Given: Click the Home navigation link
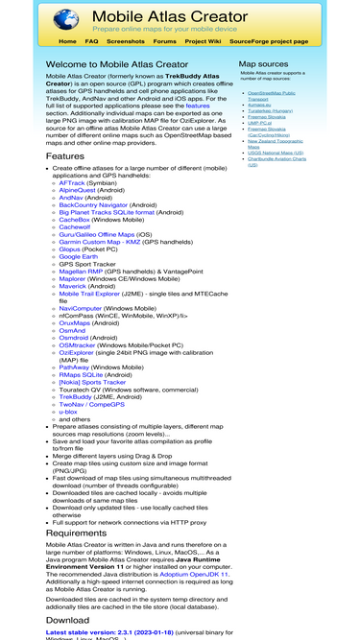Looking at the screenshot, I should point(67,41).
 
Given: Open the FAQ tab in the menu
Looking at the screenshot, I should point(91,41).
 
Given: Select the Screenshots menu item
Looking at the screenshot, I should point(126,41).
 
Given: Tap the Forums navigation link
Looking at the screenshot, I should point(165,41).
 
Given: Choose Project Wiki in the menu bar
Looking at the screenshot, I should point(203,41).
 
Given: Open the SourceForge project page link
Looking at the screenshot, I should point(269,41).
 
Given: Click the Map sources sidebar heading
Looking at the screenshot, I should point(263,64).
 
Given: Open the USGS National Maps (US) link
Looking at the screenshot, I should point(276,152).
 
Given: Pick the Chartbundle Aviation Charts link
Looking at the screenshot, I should point(278,158).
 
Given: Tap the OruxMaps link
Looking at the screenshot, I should point(80,321).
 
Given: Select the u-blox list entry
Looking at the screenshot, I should point(71,411).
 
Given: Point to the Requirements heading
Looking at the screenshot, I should point(77,533).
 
